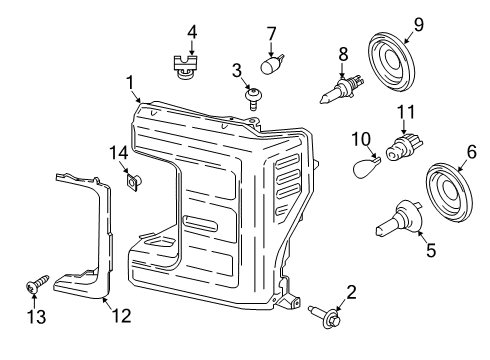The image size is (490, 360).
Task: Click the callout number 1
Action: click(129, 80)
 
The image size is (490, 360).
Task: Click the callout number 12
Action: click(121, 316)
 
